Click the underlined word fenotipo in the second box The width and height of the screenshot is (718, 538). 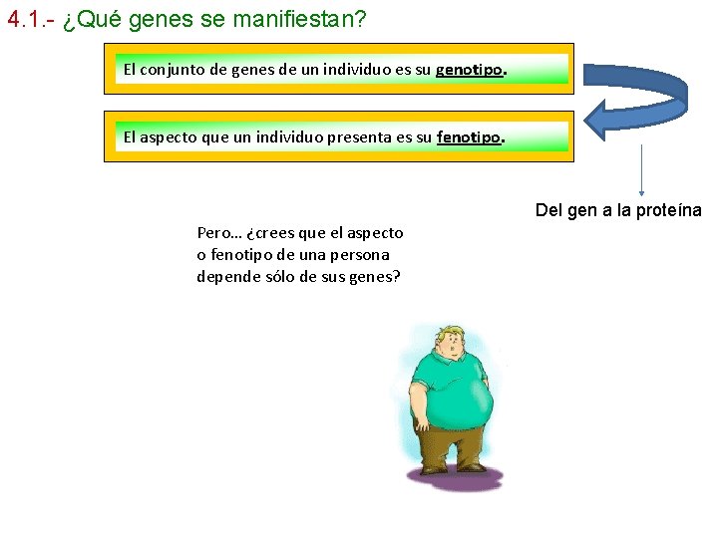click(468, 137)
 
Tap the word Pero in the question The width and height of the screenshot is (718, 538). click(214, 233)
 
